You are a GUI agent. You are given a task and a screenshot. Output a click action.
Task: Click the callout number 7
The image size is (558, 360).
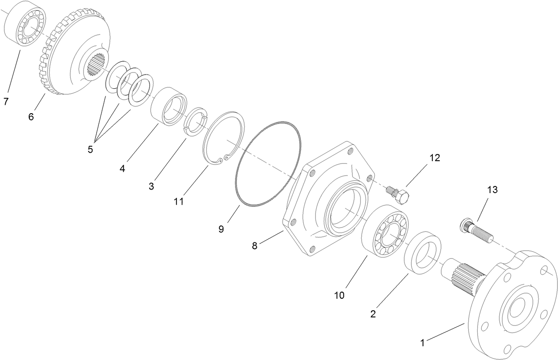click(6, 102)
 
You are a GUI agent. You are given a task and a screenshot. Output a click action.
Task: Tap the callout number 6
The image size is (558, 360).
click(31, 117)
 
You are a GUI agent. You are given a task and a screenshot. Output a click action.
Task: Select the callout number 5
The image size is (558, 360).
click(90, 150)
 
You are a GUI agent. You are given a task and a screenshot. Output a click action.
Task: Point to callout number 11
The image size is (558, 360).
click(178, 201)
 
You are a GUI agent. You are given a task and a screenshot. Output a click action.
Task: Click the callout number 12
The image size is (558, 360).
click(434, 158)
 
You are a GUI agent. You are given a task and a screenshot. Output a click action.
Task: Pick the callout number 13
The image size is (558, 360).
click(492, 190)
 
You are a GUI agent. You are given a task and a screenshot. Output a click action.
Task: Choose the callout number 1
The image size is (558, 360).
click(423, 342)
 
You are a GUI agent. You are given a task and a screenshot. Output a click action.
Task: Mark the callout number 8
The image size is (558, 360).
click(255, 245)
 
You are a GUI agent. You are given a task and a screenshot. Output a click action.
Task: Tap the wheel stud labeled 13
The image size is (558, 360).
click(477, 230)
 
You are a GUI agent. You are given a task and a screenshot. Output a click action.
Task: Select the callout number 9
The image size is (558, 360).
click(221, 229)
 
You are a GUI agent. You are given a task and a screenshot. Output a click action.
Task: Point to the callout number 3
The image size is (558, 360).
click(151, 186)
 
